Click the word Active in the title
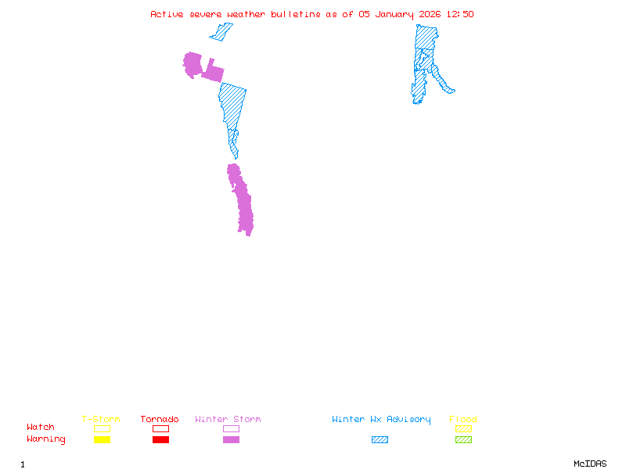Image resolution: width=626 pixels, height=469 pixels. [x=167, y=14]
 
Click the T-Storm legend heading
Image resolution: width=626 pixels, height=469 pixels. [x=101, y=420]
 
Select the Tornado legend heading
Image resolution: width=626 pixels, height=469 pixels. [x=160, y=420]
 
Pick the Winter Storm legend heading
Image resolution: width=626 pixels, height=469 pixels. [x=228, y=420]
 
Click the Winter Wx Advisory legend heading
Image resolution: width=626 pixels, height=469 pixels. [x=381, y=420]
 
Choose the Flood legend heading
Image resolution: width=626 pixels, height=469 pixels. [x=463, y=420]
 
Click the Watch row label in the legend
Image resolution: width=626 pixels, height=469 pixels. [x=41, y=428]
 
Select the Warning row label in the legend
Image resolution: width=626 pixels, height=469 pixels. [x=46, y=439]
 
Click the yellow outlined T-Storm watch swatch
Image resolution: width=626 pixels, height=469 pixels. [x=102, y=428]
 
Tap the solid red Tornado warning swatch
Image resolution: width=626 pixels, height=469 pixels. [x=160, y=439]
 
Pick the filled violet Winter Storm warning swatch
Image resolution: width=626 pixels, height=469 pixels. [x=231, y=439]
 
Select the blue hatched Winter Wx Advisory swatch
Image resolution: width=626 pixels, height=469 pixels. [x=380, y=439]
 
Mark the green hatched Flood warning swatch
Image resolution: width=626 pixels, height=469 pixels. [x=463, y=439]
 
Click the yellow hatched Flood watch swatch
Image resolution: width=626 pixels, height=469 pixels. [x=463, y=428]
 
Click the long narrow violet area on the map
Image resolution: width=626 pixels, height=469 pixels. [x=243, y=199]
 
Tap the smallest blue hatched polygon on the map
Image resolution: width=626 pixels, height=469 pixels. [x=221, y=32]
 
